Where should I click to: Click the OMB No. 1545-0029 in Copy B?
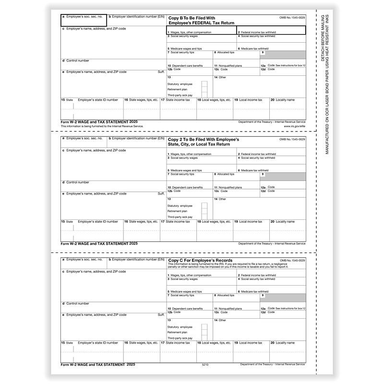click(292, 17)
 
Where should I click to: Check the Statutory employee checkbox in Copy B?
click(204, 84)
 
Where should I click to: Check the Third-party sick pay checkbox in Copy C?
click(204, 337)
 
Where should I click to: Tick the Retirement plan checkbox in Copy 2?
click(204, 210)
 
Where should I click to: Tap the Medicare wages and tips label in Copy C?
click(186, 291)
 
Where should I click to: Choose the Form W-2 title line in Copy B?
click(99, 122)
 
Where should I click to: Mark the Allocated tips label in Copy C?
click(226, 295)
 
